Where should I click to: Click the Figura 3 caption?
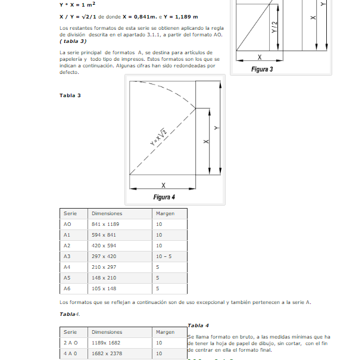point(262,69)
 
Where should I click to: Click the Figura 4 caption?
point(164,197)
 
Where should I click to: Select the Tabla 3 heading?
point(70,95)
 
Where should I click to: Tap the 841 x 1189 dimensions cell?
point(105,224)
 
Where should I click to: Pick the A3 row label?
point(67,256)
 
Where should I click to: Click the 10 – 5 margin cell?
point(164,256)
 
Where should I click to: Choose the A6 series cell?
point(67,288)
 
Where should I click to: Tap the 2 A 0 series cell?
point(70,343)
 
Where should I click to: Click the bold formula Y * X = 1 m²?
point(77,4)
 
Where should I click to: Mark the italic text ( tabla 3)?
point(73,41)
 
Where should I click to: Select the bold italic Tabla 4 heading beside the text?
point(198,325)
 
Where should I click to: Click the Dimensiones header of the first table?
point(107,213)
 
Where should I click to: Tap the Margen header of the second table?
point(165,332)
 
